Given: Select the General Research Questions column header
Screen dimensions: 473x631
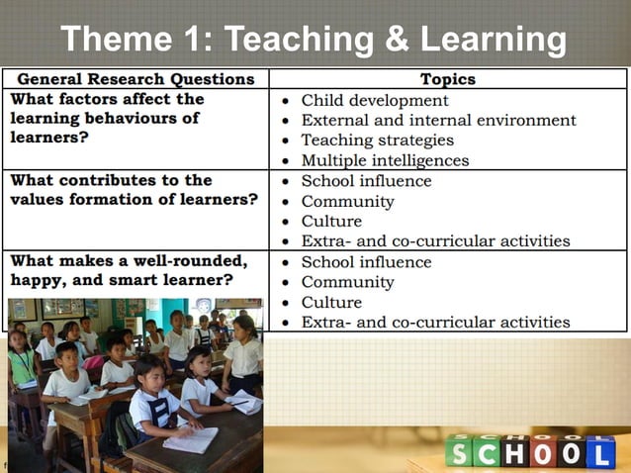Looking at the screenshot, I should (135, 79).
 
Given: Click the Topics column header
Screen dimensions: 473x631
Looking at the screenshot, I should (448, 79).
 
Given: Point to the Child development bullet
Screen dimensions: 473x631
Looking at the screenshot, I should (375, 100).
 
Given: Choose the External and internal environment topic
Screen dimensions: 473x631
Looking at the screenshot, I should (438, 120).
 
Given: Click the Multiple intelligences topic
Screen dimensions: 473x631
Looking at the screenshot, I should (385, 159).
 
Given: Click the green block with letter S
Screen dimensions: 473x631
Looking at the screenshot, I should (459, 451).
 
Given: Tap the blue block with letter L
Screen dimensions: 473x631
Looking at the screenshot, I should (600, 451).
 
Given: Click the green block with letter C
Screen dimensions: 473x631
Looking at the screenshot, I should (487, 451).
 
